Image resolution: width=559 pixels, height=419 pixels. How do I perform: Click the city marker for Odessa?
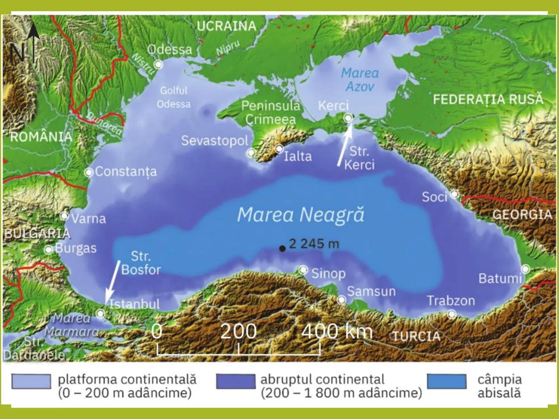tap(158, 64)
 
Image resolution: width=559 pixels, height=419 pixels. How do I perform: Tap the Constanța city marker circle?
tap(89, 172)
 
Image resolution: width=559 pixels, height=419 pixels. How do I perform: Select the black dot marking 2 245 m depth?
tap(282, 248)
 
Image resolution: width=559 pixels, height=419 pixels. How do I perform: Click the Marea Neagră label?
tap(301, 215)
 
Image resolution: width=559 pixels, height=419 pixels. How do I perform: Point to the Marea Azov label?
tap(360, 80)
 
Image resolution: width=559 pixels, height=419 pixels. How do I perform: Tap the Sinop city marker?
tap(303, 270)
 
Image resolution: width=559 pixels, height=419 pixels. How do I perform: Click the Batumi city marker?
tap(525, 269)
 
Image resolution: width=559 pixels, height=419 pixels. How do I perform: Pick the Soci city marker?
tap(454, 194)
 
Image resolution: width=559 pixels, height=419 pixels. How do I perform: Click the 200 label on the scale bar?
tap(238, 332)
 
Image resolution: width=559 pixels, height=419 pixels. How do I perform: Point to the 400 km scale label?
tap(337, 332)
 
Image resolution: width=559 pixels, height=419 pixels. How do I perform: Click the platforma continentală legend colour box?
tap(31, 381)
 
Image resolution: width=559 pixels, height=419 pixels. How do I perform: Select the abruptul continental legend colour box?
tap(236, 381)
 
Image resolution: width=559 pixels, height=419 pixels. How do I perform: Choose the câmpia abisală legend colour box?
tap(447, 381)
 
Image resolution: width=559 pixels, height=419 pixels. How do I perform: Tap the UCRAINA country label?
tap(226, 26)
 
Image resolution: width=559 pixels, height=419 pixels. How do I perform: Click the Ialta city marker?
tap(279, 149)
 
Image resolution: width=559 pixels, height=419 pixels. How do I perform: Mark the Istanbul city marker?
tap(101, 313)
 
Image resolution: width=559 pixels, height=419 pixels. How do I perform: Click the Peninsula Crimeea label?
tap(271, 113)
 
